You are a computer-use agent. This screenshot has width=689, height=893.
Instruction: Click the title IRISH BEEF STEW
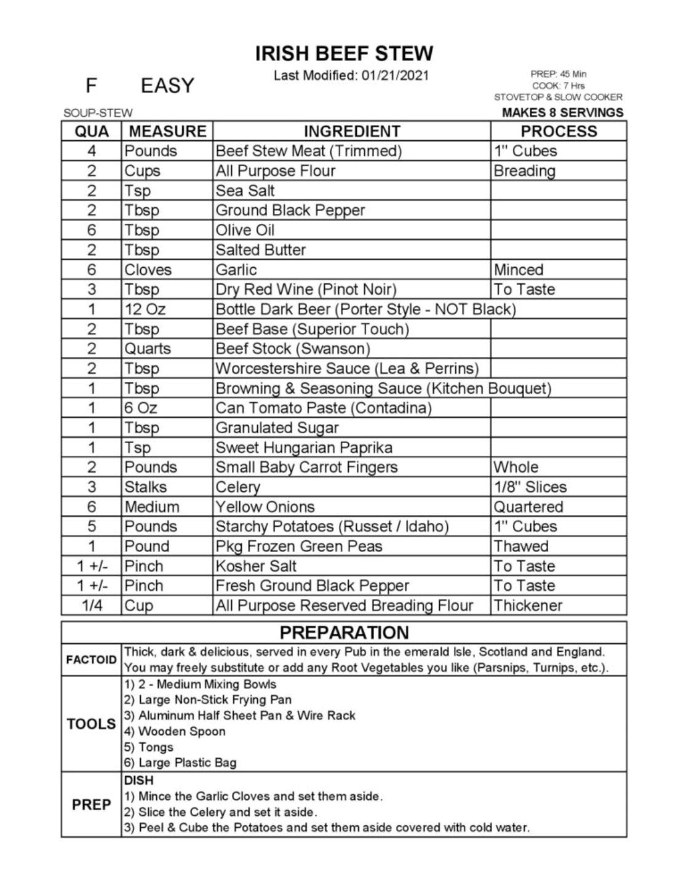(344, 54)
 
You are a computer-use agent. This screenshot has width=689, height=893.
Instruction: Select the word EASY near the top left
(167, 86)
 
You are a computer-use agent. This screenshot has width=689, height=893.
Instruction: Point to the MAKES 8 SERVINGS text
(562, 113)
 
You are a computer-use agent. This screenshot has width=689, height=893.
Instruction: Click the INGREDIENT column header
(352, 132)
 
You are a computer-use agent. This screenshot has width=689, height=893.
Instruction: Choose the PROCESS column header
(559, 132)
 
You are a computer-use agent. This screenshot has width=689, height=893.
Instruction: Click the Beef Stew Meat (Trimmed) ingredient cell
(308, 151)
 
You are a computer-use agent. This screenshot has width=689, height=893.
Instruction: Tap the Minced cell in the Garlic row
(519, 270)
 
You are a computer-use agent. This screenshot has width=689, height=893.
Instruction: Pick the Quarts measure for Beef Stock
(148, 349)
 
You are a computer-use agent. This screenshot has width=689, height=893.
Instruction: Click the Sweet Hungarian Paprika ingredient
(304, 447)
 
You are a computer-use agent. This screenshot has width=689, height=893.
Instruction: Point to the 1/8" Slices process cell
(530, 487)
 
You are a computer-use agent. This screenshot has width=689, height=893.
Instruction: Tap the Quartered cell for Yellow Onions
(528, 507)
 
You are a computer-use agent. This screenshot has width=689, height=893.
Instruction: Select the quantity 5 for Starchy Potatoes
(92, 527)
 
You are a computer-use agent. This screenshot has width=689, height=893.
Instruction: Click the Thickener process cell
(528, 606)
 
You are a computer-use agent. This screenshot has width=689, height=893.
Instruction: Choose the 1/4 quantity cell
(92, 606)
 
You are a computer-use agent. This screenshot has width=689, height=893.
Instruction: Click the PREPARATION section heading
(344, 633)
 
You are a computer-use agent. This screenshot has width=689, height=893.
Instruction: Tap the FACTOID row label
(91, 660)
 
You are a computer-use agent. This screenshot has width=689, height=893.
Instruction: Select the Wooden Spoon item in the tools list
(175, 732)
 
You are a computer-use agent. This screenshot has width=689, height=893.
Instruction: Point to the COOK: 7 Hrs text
(558, 86)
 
